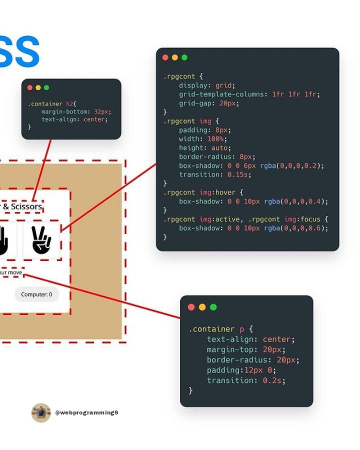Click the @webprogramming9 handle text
[86, 412]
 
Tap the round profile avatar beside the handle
[41, 412]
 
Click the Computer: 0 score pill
[36, 294]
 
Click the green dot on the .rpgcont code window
[184, 57]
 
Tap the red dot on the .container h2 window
[30, 87]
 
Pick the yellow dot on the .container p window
[202, 307]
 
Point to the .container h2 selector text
[51, 103]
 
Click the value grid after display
[223, 85]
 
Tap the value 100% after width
[216, 138]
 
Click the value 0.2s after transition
[273, 380]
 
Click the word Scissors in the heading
[25, 207]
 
